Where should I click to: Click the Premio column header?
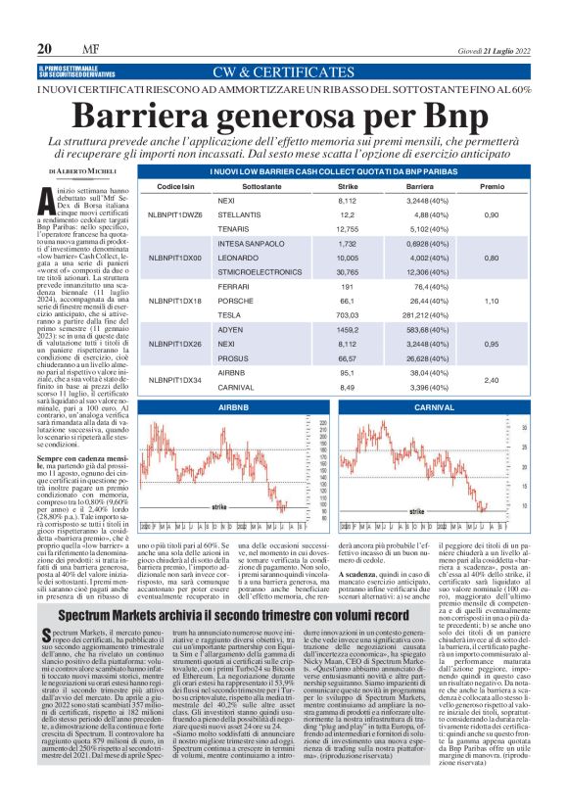pos(493,184)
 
